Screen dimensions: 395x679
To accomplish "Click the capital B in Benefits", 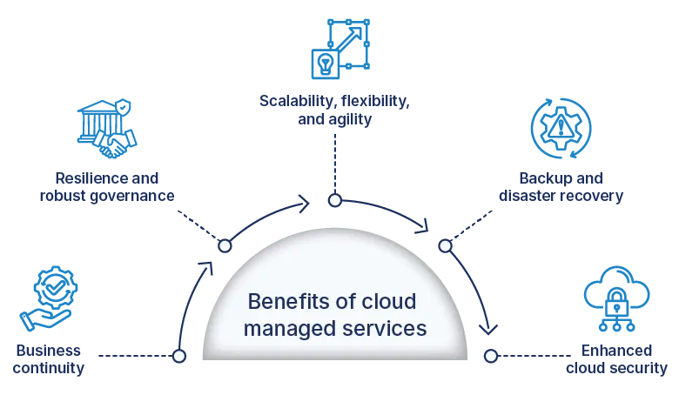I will [254, 302].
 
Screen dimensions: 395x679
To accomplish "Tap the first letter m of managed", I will [252, 330].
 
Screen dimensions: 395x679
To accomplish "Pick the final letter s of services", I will [422, 329].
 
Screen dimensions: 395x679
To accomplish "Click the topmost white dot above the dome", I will [334, 201].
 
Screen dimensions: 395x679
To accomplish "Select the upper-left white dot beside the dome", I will [225, 246].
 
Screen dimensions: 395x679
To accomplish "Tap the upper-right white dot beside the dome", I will [445, 246].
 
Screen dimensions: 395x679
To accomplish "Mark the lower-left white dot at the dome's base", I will [179, 356].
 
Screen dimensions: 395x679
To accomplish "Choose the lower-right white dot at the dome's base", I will [491, 356].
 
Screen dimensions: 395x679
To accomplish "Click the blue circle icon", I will [561, 128].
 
